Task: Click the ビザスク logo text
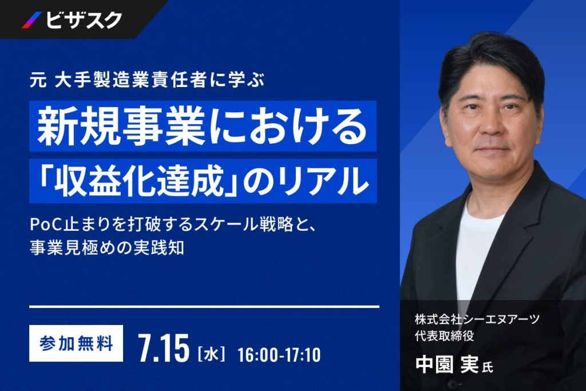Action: click(x=84, y=20)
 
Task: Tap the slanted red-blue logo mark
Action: click(x=32, y=20)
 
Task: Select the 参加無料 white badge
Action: click(x=76, y=343)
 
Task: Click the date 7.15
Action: click(x=164, y=349)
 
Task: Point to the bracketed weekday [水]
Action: click(x=211, y=354)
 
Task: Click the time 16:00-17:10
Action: click(x=279, y=355)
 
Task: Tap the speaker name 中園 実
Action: click(x=447, y=364)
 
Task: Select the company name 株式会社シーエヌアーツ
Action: click(x=477, y=319)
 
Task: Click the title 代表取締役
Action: click(x=444, y=335)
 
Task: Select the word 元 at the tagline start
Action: click(x=38, y=80)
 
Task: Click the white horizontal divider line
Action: click(x=204, y=306)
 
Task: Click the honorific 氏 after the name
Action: click(x=487, y=368)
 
